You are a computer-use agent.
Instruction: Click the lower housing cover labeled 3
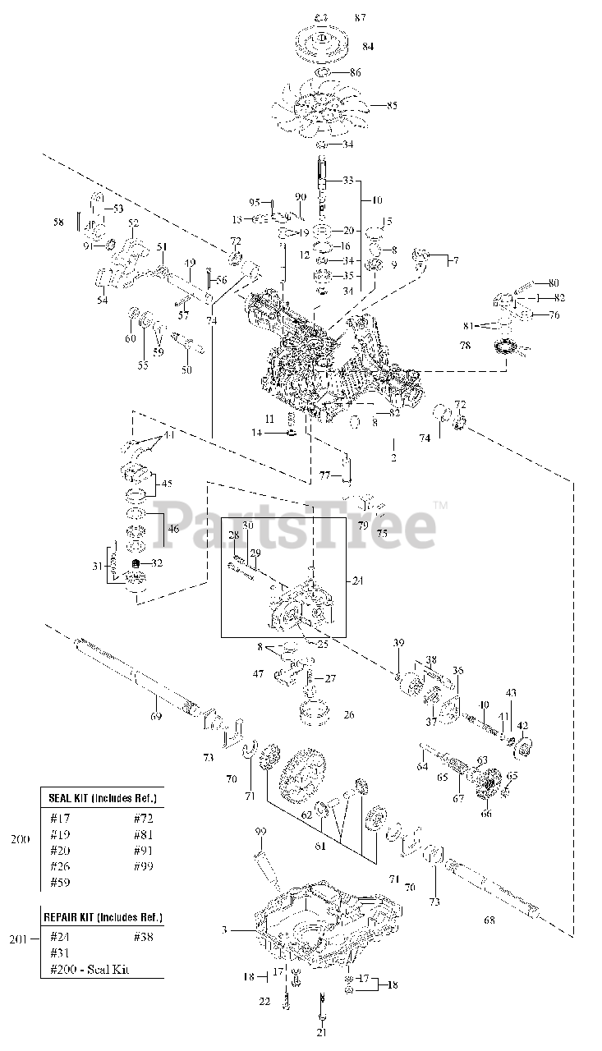[x=329, y=928]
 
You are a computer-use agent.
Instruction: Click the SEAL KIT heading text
[x=101, y=798]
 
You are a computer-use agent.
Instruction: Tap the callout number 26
[x=348, y=714]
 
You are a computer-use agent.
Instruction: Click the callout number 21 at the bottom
[x=321, y=1031]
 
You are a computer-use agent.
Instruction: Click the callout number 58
[x=57, y=222]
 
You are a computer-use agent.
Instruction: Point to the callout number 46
[x=173, y=530]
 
